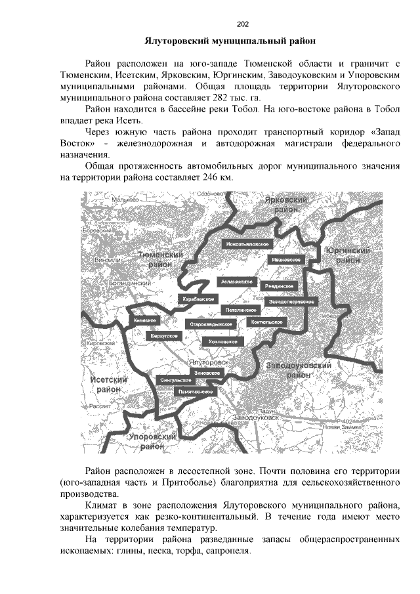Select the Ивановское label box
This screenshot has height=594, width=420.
(286, 260)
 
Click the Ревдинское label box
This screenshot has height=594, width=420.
(280, 286)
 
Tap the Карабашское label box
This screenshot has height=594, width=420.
(198, 299)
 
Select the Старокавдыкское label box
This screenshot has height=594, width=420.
(212, 324)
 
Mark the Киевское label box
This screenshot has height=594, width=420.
(144, 320)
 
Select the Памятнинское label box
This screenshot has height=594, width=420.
(195, 391)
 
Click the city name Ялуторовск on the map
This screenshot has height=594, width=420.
(208, 362)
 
